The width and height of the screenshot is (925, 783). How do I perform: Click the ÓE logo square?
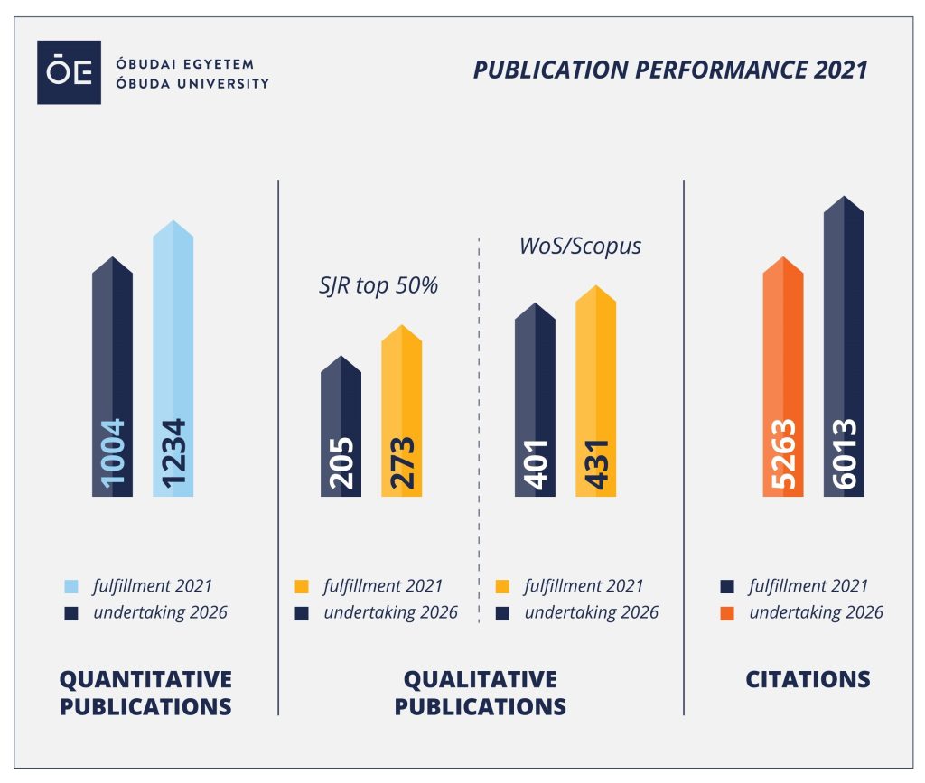[69, 73]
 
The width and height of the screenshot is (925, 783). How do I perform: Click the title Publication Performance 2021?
[669, 70]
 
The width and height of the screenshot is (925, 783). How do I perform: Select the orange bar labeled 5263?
[782, 379]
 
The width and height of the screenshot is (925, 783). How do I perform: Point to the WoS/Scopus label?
[580, 247]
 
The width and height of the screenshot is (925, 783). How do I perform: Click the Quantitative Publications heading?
[145, 693]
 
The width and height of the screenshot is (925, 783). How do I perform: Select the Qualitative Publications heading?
[481, 693]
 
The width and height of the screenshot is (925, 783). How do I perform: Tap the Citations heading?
[808, 680]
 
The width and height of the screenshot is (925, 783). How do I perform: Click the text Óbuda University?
[192, 83]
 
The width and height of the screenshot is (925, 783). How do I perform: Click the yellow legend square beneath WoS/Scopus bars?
[503, 586]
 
